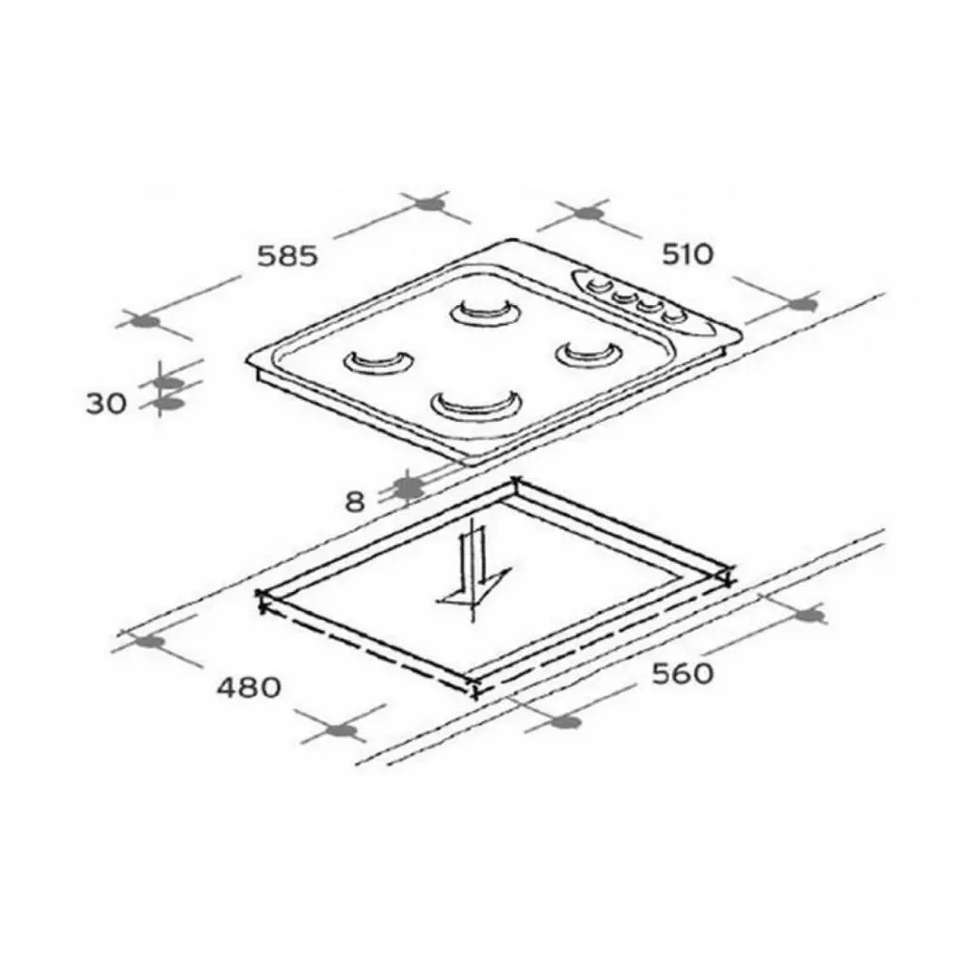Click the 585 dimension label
tap(288, 256)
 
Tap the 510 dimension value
tap(688, 254)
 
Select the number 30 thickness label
tap(105, 404)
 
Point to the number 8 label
tap(355, 502)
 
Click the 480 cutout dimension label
tap(249, 686)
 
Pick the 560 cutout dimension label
tap(683, 673)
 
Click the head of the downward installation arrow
tap(474, 589)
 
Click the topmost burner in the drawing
tap(486, 312)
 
